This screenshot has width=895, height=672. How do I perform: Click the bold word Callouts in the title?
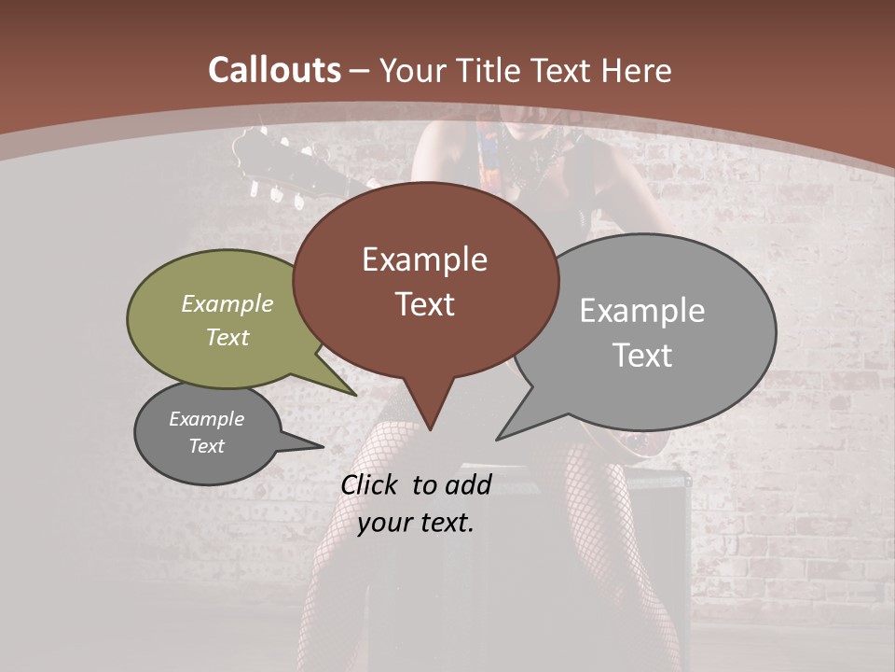(x=274, y=70)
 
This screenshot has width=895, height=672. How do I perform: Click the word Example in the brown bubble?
(x=424, y=259)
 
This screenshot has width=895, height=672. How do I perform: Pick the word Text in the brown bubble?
(x=424, y=304)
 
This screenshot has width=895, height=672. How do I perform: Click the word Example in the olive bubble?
(x=227, y=304)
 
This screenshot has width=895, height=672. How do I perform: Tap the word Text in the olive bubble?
(x=227, y=337)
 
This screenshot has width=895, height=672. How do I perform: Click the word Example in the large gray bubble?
(x=642, y=310)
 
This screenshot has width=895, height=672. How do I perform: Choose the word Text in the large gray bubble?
(x=642, y=355)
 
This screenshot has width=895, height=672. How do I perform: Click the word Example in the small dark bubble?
(x=206, y=419)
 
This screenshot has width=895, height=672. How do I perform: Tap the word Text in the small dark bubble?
(x=206, y=445)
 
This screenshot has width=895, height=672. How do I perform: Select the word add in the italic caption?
(x=467, y=484)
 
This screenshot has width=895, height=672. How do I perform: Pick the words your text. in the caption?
(x=416, y=522)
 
